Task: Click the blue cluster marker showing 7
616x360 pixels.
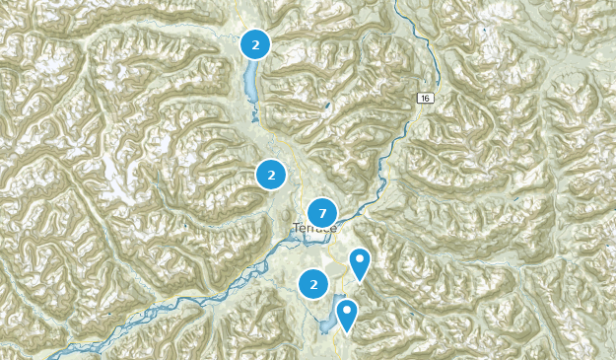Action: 322,213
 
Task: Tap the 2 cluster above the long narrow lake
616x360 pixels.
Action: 255,44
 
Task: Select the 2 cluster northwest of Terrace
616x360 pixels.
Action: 271,175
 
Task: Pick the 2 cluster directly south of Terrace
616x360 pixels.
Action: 313,284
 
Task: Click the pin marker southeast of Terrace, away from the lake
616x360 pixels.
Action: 361,263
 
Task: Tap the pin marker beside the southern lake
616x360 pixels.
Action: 346,314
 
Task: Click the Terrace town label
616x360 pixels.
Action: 314,229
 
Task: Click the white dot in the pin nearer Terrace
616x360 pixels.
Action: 361,259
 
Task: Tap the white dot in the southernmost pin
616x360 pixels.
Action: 346,310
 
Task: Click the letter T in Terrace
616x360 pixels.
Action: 296,229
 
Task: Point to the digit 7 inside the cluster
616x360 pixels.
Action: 322,213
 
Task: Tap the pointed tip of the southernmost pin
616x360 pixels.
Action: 346,331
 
